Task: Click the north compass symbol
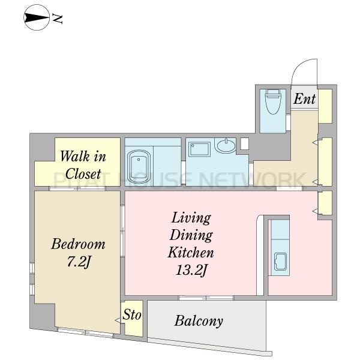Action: click(x=37, y=17)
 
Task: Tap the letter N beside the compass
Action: click(x=58, y=19)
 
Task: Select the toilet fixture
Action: click(x=273, y=102)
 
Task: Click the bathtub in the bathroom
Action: click(x=139, y=166)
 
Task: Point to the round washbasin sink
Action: click(x=226, y=145)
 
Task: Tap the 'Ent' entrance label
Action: click(x=304, y=99)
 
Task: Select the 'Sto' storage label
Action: click(x=132, y=314)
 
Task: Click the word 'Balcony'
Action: click(x=199, y=321)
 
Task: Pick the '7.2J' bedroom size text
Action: click(x=78, y=262)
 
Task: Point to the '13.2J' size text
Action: click(x=191, y=270)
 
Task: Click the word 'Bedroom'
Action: click(x=78, y=244)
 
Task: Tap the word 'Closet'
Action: click(x=83, y=173)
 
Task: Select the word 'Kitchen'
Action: click(x=191, y=253)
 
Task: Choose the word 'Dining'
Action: click(x=191, y=235)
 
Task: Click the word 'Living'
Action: click(x=191, y=218)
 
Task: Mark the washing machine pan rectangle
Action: click(x=200, y=149)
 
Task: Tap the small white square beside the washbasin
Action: click(x=245, y=144)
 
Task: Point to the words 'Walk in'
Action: click(x=83, y=157)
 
